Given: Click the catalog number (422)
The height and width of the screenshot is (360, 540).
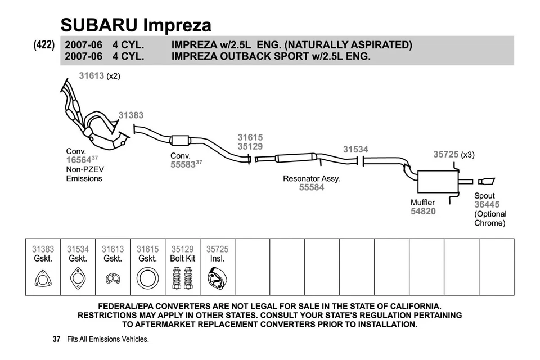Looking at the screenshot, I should [44, 45].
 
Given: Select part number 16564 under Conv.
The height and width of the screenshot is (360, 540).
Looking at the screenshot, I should [79, 160].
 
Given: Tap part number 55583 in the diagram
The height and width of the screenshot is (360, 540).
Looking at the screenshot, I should [183, 165].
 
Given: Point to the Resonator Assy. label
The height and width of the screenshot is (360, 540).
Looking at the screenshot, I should [311, 179].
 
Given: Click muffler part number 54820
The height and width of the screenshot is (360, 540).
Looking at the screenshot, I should [423, 211].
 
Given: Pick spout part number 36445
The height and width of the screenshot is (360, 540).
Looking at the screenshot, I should [487, 205].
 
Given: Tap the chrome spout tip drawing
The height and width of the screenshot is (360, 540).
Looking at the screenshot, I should [486, 181].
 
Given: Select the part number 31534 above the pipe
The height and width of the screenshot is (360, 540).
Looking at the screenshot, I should [355, 150].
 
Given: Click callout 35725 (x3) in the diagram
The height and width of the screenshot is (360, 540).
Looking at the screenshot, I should [453, 154].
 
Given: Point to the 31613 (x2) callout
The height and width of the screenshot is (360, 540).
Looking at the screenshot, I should [99, 76].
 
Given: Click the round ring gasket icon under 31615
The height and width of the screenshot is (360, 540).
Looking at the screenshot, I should [147, 278].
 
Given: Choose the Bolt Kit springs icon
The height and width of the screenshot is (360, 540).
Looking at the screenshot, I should [182, 278].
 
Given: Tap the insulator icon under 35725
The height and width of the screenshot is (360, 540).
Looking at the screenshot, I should [217, 278].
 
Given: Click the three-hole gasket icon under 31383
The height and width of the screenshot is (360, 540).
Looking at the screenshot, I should [43, 278].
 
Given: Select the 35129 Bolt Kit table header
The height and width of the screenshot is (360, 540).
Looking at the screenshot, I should [182, 254].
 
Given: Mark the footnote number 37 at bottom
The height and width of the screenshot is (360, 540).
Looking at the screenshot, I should [56, 340].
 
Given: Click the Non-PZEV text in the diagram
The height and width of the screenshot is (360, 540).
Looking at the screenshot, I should [85, 169].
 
